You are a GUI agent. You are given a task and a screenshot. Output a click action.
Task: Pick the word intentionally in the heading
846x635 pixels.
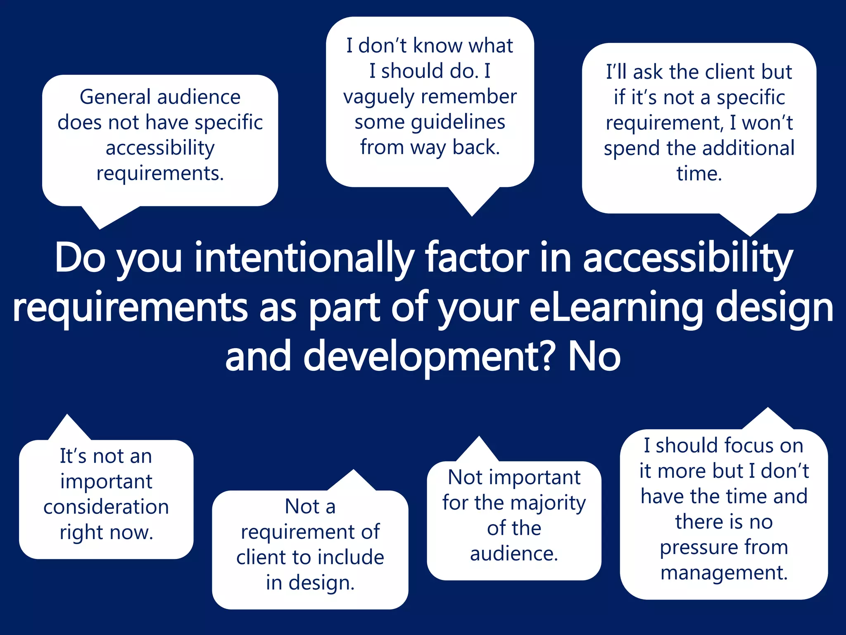click(304, 258)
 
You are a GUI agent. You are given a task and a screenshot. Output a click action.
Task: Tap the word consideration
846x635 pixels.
click(106, 507)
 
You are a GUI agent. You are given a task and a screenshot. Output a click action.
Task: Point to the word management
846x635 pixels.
click(724, 573)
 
